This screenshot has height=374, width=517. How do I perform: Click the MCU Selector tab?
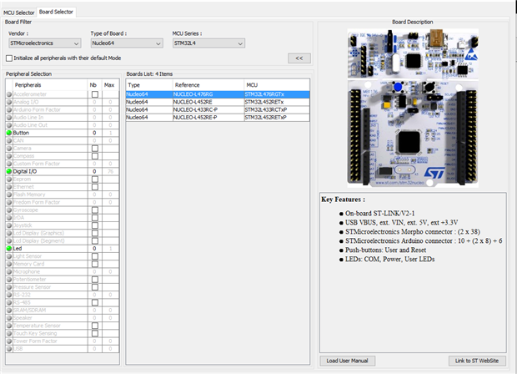click(18, 13)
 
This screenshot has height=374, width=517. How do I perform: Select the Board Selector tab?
click(57, 13)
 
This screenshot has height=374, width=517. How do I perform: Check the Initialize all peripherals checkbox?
click(9, 58)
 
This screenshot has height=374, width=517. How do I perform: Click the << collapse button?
click(298, 58)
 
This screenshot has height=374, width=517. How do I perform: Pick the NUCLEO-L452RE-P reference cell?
click(197, 118)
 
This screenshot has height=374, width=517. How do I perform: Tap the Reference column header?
click(187, 85)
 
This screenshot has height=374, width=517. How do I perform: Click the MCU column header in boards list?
click(252, 85)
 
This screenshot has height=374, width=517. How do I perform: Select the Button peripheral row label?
click(22, 133)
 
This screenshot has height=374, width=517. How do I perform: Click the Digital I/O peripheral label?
click(27, 171)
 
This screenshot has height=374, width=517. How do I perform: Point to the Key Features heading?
click(345, 200)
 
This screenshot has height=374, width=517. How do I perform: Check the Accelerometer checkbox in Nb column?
click(95, 94)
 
